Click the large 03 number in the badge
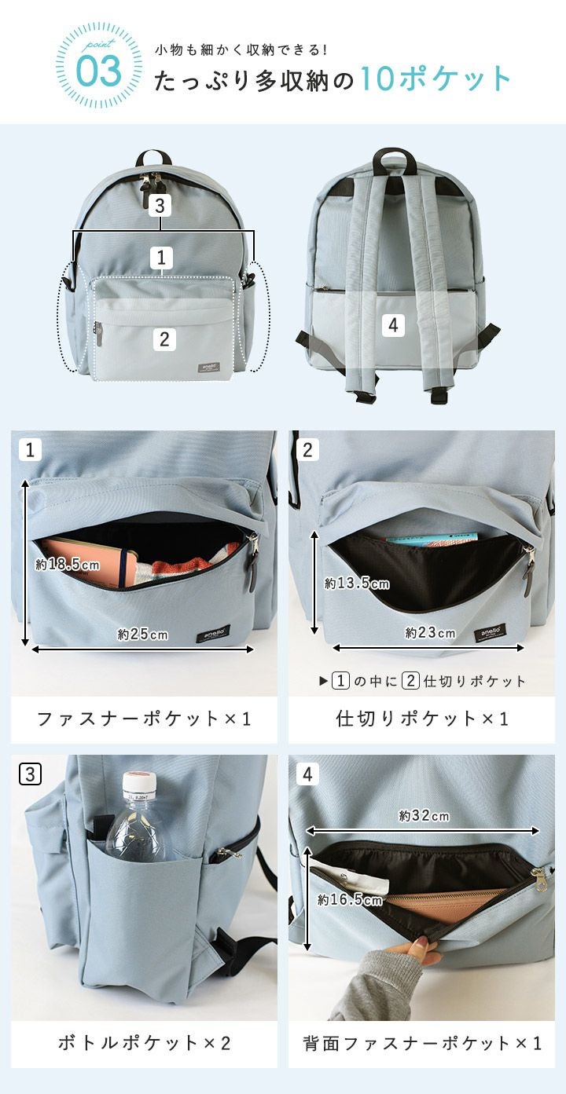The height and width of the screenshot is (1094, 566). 99,71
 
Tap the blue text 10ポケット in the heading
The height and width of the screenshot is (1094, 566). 436,79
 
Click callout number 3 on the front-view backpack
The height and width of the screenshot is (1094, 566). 160,206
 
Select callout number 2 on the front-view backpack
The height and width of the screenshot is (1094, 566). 164,339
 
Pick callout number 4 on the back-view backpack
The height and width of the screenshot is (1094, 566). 394,325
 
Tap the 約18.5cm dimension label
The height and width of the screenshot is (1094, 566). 68,565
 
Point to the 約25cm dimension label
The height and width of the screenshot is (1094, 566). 143,634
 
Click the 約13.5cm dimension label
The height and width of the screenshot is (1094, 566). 357,584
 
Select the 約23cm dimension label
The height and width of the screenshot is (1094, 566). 430,632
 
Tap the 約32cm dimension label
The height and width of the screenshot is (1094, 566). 424,815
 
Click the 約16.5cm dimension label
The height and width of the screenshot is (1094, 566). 350,899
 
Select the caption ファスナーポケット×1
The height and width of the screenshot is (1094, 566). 144,719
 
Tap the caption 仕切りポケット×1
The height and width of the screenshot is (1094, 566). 422,719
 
